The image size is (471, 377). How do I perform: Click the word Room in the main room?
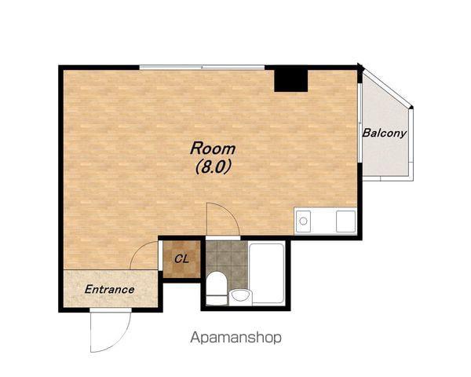[213, 148]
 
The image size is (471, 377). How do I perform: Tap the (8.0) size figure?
[214, 167]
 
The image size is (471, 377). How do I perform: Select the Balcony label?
[385, 134]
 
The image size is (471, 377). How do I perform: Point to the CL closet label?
[182, 259]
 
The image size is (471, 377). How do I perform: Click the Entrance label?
[110, 290]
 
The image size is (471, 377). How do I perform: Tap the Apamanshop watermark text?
[235, 338]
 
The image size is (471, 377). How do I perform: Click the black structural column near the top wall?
[291, 81]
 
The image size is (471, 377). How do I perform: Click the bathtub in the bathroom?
[267, 273]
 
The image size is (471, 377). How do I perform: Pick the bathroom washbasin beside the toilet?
[241, 297]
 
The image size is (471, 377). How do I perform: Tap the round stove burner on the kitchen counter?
[303, 221]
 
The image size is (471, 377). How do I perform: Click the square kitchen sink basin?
[345, 221]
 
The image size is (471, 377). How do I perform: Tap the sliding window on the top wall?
[202, 68]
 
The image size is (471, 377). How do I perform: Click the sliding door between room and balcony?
[360, 123]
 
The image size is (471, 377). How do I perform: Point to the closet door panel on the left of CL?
[160, 255]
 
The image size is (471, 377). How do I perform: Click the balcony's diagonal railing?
[388, 88]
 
